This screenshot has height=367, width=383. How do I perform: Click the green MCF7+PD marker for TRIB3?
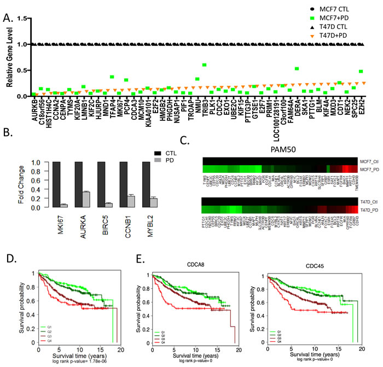tap(204, 65)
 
